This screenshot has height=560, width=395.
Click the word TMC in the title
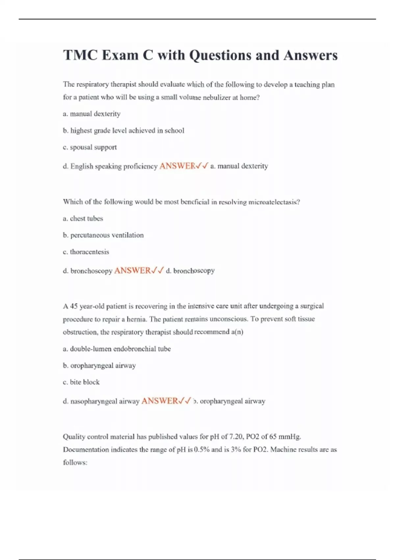click(x=80, y=55)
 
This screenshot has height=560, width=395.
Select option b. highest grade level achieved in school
click(x=123, y=130)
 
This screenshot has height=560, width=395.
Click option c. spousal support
click(x=90, y=147)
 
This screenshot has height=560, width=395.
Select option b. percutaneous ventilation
click(x=103, y=235)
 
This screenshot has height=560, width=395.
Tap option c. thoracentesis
click(x=86, y=252)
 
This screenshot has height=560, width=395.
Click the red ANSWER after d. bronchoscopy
click(x=132, y=271)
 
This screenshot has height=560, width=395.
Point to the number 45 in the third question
click(x=74, y=306)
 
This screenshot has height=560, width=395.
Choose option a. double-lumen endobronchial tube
click(x=117, y=349)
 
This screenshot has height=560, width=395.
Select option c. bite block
click(x=81, y=382)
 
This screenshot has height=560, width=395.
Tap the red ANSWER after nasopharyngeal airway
click(x=160, y=401)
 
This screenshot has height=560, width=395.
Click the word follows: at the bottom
click(x=75, y=462)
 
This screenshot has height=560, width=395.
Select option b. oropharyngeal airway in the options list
click(x=99, y=366)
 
